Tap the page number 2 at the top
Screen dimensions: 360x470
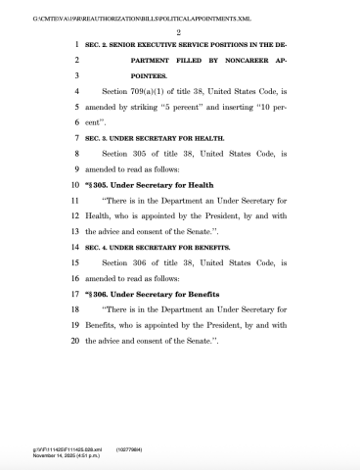[180, 32]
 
